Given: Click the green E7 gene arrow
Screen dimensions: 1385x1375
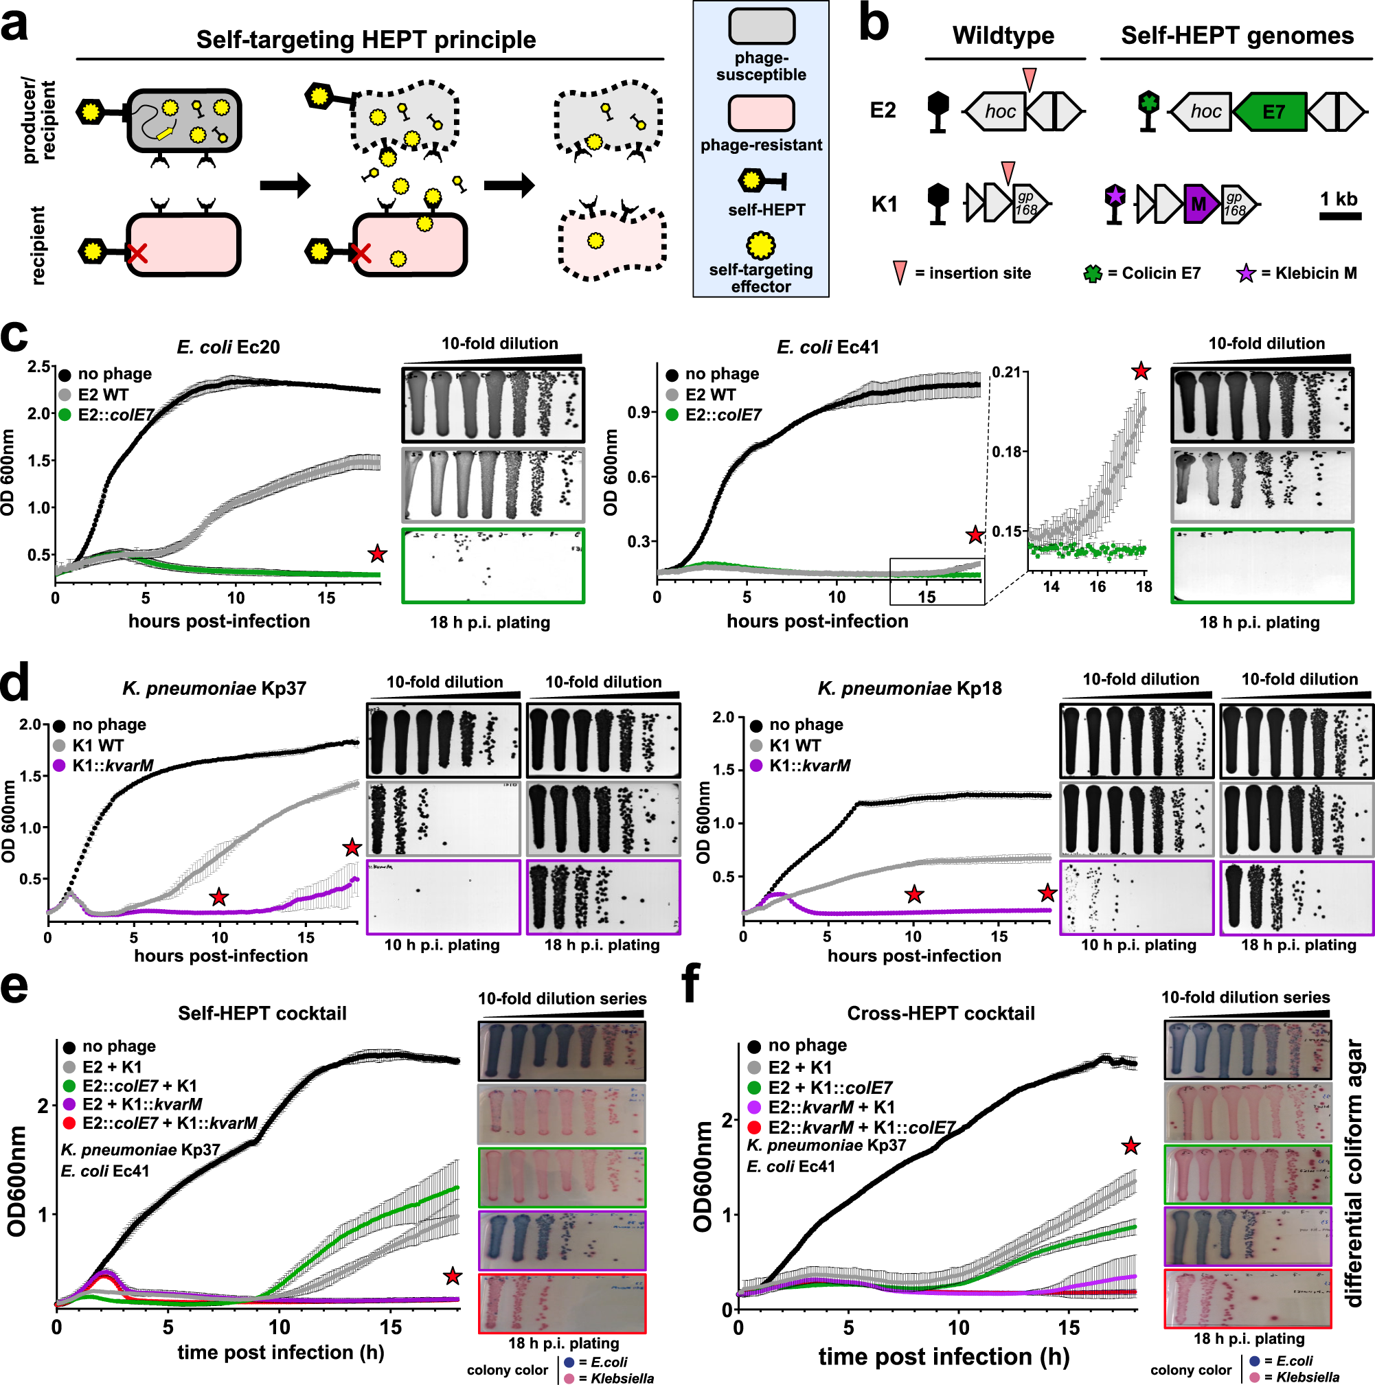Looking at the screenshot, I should point(1271,112).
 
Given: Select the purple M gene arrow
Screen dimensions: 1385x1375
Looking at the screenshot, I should point(1200,205).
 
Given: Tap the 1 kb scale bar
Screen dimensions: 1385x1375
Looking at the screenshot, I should point(1339,215).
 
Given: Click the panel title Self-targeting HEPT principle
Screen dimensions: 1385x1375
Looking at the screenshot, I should point(365,40).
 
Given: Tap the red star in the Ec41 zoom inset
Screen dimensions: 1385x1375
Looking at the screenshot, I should point(1141,371).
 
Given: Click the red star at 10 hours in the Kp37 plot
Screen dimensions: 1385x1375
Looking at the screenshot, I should point(219,897).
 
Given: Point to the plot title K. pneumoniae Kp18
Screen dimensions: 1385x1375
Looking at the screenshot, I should point(910,688).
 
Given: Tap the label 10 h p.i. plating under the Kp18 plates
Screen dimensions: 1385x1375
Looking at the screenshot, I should point(1139,945).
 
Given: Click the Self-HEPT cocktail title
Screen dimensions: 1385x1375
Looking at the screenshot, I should point(262,1013).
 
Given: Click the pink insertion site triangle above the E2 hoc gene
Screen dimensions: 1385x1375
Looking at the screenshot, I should point(1030,78).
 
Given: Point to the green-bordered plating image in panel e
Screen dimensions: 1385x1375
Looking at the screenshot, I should point(562,1177).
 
